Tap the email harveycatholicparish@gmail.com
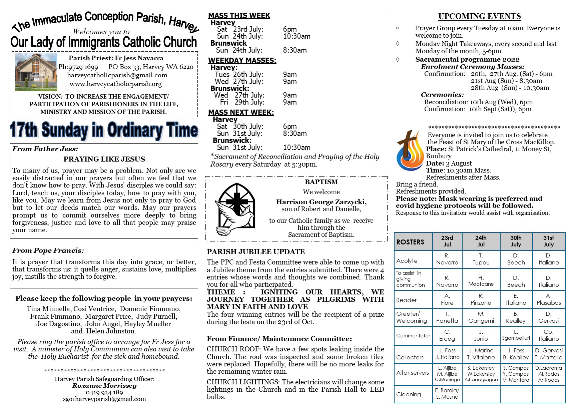[x=117, y=75]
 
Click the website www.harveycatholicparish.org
[x=115, y=84]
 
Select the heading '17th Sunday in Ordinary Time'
[x=104, y=130]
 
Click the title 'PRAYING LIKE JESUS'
[x=104, y=159]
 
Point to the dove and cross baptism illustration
[x=235, y=209]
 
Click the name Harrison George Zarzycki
[x=321, y=202]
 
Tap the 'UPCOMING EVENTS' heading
[x=479, y=16]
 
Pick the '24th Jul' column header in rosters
[x=481, y=241]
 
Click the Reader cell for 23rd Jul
[x=447, y=299]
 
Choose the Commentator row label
[x=413, y=336]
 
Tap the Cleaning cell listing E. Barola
[x=447, y=394]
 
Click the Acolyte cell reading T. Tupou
[x=481, y=259]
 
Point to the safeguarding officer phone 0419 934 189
[x=104, y=392]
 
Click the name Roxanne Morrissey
[x=104, y=386]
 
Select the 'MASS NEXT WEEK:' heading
[x=241, y=113]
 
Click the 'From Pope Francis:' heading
[x=48, y=250]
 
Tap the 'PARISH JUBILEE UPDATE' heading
[x=256, y=252]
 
